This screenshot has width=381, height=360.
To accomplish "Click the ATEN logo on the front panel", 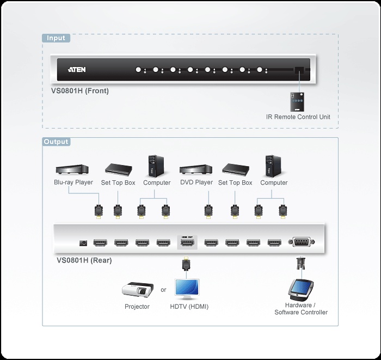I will [77, 70].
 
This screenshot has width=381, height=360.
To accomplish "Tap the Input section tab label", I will [56, 38].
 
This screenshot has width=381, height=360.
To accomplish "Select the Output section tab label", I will [57, 142].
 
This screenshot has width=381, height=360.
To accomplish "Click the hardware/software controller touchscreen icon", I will [300, 289].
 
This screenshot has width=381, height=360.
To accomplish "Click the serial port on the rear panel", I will [300, 242].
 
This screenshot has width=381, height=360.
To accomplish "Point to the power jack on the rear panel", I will [84, 243].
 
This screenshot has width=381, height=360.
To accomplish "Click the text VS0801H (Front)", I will [76, 91].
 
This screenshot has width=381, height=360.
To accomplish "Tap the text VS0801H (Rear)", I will [84, 260].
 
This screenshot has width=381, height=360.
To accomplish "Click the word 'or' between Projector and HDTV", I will [163, 290].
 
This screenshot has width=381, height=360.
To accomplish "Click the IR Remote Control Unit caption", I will [298, 117].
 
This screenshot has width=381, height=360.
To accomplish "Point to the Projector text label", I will [137, 307].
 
